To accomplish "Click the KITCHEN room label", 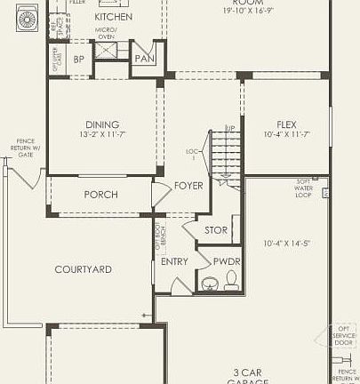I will (114, 17).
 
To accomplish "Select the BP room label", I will (79, 60).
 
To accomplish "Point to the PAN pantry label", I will (144, 59).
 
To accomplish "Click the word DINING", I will (102, 124).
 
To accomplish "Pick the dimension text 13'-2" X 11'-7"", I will (102, 136).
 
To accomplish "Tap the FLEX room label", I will (286, 124).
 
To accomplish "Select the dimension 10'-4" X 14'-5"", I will (286, 243).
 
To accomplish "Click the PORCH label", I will (100, 195).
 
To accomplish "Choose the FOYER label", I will (188, 186).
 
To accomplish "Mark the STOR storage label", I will (216, 230).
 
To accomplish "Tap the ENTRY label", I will (175, 261).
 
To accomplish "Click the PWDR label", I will (226, 261).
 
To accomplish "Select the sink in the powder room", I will (210, 284).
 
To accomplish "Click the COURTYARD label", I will (83, 269).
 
